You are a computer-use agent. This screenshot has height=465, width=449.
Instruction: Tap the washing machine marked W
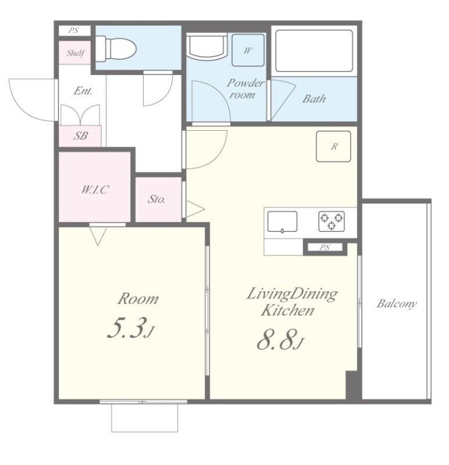[x=248, y=50]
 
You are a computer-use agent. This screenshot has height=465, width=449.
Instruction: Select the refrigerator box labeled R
[x=333, y=147]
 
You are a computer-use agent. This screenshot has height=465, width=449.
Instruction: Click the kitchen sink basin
[x=282, y=222]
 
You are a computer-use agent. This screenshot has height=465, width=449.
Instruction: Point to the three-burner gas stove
[x=331, y=221]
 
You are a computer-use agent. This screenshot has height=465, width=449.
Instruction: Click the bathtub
[x=314, y=50]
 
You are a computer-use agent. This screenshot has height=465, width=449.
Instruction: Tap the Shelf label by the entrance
[x=75, y=53]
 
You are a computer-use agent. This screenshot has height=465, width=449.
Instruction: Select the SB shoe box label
[x=81, y=136]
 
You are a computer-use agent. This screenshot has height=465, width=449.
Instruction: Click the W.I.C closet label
[x=95, y=190]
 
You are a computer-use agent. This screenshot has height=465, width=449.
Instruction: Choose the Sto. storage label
[x=156, y=199]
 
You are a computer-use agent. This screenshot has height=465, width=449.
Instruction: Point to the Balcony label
[x=396, y=304]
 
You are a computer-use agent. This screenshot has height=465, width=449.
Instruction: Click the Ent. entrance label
[x=83, y=91]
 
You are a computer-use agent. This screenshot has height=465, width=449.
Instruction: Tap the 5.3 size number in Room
[x=127, y=328]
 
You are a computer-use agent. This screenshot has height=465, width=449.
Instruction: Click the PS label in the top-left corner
[x=73, y=30]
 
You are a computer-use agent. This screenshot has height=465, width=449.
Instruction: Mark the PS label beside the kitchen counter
[x=325, y=247]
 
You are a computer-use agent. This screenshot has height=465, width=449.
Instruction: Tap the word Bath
[x=314, y=99]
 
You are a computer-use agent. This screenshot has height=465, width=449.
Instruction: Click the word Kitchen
[x=287, y=311]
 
